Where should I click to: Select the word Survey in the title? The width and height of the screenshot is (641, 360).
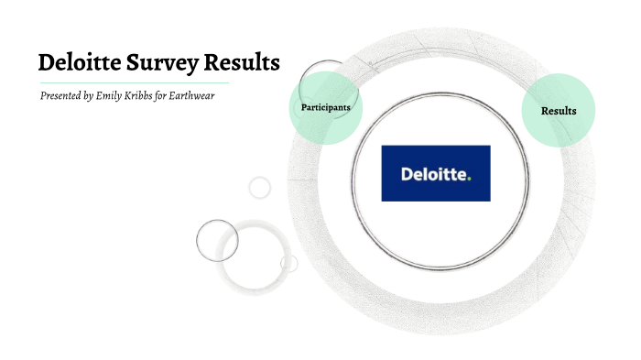pos(166,64)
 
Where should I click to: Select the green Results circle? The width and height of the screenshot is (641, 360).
pos(559,110)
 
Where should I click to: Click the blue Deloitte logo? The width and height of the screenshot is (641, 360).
pos(435,173)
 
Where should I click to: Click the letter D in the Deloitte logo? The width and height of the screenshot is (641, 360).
pos(407,173)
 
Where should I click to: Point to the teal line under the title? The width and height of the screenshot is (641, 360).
pos(137,82)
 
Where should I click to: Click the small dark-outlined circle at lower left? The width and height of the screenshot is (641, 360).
pos(217,241)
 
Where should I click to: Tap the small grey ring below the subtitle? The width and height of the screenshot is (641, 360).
pos(260,188)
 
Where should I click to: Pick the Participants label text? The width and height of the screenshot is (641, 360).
pos(325,108)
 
